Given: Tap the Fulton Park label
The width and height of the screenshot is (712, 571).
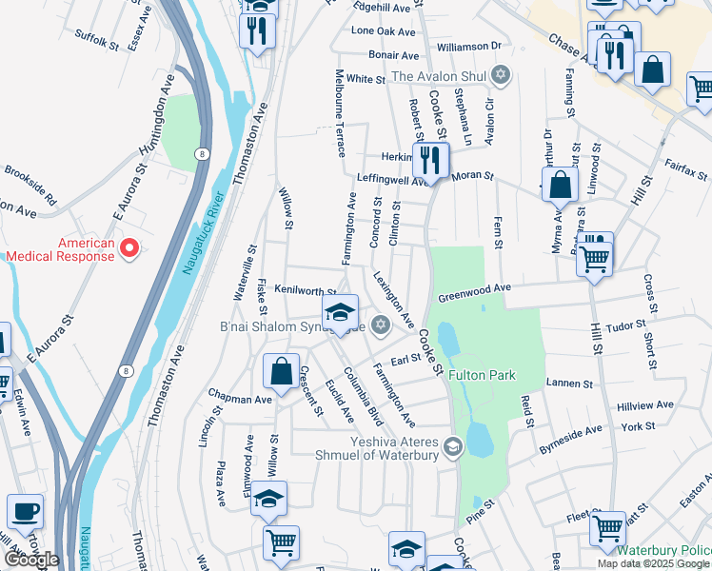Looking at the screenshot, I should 484,375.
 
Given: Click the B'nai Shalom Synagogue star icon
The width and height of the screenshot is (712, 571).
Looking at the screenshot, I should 381,325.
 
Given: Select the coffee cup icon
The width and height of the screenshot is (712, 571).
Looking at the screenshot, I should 25,512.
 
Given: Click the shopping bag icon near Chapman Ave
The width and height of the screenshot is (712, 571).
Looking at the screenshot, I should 282,372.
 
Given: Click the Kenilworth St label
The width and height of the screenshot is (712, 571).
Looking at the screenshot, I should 306,291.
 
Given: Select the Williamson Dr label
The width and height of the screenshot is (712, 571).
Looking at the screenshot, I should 468,46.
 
